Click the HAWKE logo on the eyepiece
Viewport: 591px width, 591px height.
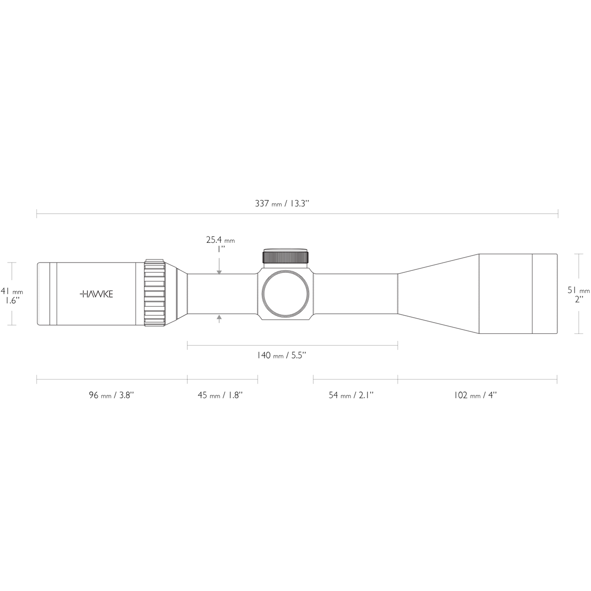tap(96, 294)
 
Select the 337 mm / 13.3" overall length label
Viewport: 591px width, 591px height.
tap(281, 204)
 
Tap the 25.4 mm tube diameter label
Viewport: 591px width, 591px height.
tap(220, 240)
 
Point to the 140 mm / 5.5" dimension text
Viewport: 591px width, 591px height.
tap(281, 356)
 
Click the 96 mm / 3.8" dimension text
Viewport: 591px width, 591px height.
tap(111, 395)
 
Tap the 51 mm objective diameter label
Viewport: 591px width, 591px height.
tap(578, 291)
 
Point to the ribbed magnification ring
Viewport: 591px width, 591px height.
tap(154, 294)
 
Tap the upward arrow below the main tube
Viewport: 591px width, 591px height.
tap(219, 319)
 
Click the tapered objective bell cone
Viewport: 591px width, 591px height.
tap(438, 294)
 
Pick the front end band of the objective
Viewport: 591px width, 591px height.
tap(544, 294)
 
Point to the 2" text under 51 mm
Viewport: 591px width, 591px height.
tap(579, 298)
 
